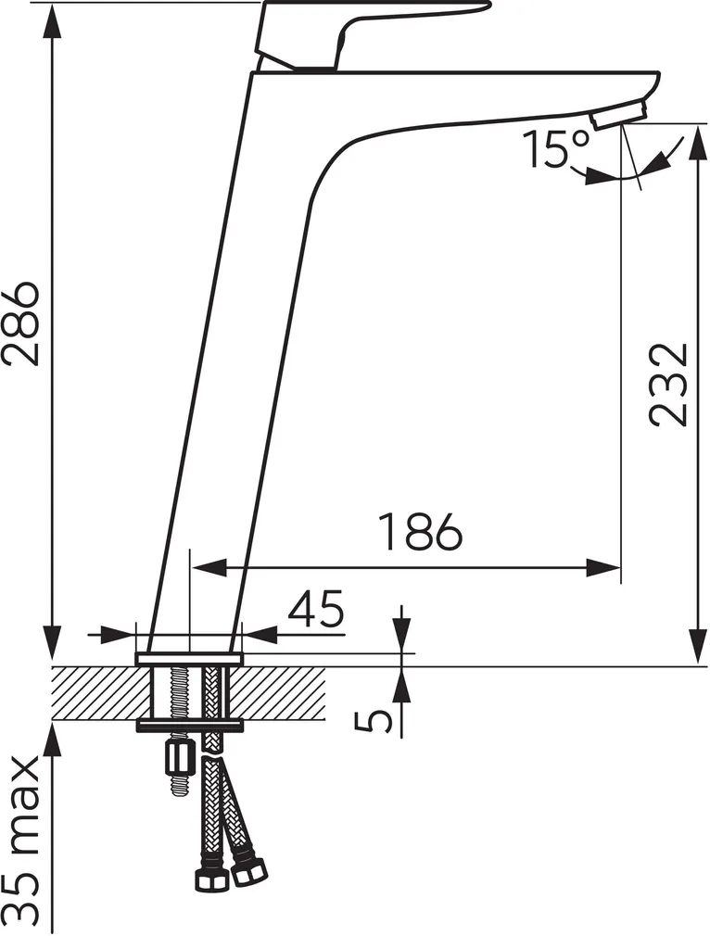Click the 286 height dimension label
[x=21, y=322]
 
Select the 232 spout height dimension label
[x=668, y=384]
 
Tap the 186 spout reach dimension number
[x=422, y=531]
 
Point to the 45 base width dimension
[x=315, y=609]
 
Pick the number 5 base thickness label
[x=374, y=722]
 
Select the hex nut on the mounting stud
[x=179, y=759]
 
